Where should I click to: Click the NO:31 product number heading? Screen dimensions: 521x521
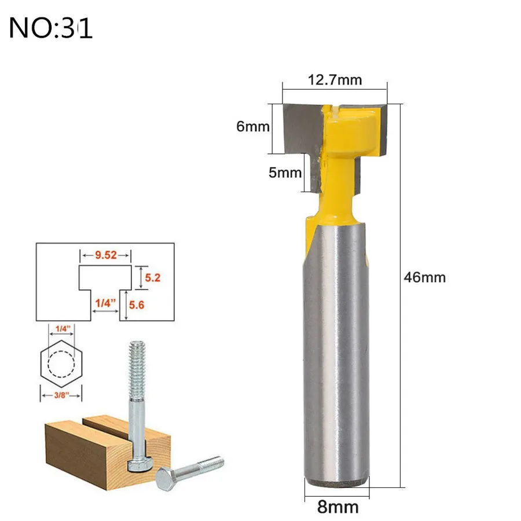click(50, 28)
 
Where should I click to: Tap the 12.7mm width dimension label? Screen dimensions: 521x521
click(335, 80)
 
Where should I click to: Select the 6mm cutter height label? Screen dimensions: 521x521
click(253, 127)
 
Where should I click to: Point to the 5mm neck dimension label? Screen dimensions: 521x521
click(285, 173)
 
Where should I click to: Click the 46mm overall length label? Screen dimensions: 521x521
click(425, 277)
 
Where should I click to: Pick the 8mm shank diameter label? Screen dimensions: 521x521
click(338, 507)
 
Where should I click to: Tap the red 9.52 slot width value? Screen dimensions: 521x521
click(106, 255)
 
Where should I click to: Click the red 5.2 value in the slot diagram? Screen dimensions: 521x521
click(152, 277)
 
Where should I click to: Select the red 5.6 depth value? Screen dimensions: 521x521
click(137, 304)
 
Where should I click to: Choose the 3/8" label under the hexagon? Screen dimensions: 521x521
click(61, 395)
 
